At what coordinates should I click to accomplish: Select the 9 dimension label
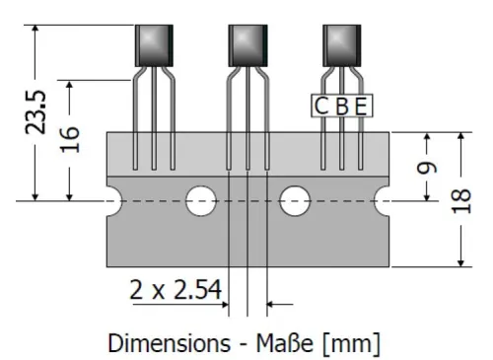(x=425, y=168)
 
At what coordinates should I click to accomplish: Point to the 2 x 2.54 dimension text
(x=175, y=291)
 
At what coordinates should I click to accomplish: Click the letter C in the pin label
(x=321, y=106)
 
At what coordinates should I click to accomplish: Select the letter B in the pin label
(x=342, y=106)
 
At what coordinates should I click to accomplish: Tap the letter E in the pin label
(x=362, y=106)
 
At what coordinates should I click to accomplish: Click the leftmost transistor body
(x=153, y=45)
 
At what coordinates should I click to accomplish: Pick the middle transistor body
(x=247, y=45)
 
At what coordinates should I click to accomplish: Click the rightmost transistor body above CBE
(x=342, y=45)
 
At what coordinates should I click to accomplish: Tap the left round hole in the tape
(x=201, y=200)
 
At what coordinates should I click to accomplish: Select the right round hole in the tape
(x=295, y=200)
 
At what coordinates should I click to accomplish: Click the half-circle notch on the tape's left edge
(x=110, y=200)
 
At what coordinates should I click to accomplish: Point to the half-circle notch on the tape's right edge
(x=385, y=200)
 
